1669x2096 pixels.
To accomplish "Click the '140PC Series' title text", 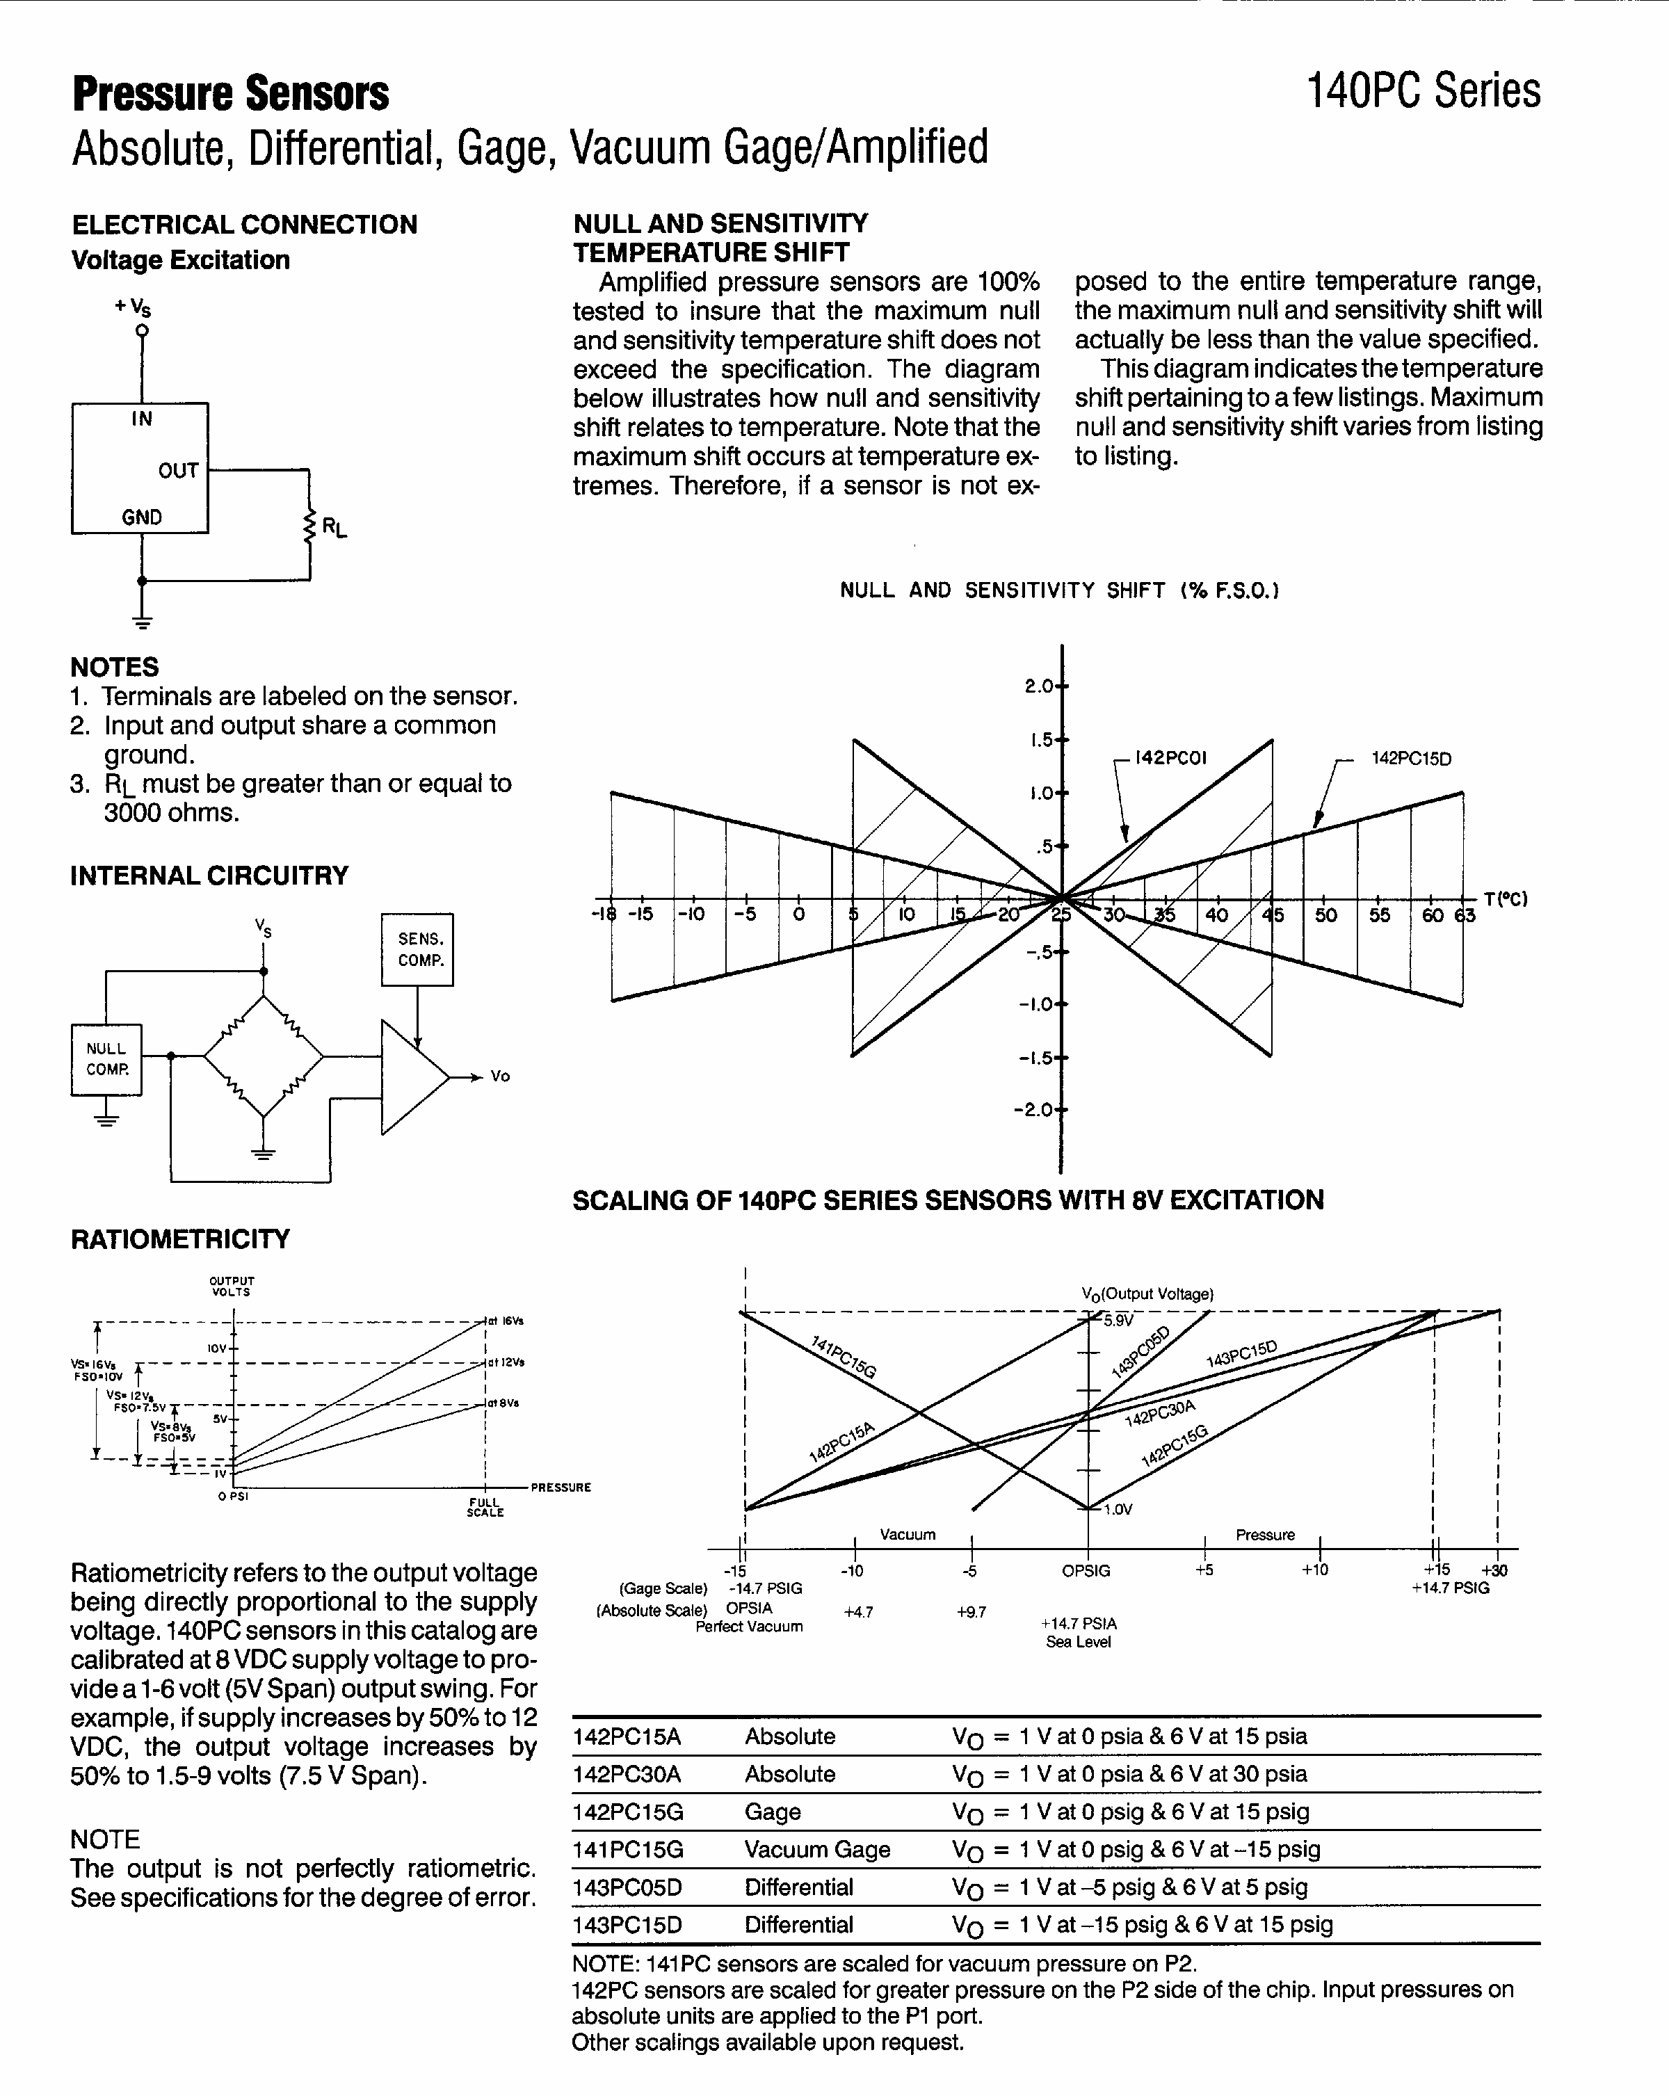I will (x=1423, y=91).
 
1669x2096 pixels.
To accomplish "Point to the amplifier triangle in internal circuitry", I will (x=410, y=1077).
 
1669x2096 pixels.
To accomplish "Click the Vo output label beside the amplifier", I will (x=499, y=1077).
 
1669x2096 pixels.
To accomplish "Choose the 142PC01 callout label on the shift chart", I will (x=1170, y=758).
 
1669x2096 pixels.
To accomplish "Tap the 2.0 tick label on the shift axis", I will (x=1038, y=686).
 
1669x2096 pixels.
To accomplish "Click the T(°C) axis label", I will (x=1506, y=899).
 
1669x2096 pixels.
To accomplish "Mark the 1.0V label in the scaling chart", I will (x=1118, y=1510).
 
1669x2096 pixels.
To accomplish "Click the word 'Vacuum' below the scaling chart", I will (x=907, y=1535).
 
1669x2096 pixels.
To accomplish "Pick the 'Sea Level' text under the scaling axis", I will (x=1078, y=1642).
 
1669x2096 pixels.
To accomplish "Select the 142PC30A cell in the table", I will (x=627, y=1774).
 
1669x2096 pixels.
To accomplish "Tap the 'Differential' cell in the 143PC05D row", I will (x=798, y=1888).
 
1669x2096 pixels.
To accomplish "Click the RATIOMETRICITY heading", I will (x=180, y=1239).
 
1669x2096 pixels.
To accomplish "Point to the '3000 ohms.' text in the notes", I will (x=171, y=813).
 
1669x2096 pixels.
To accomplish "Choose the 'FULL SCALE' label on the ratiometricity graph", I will (x=484, y=1508).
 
